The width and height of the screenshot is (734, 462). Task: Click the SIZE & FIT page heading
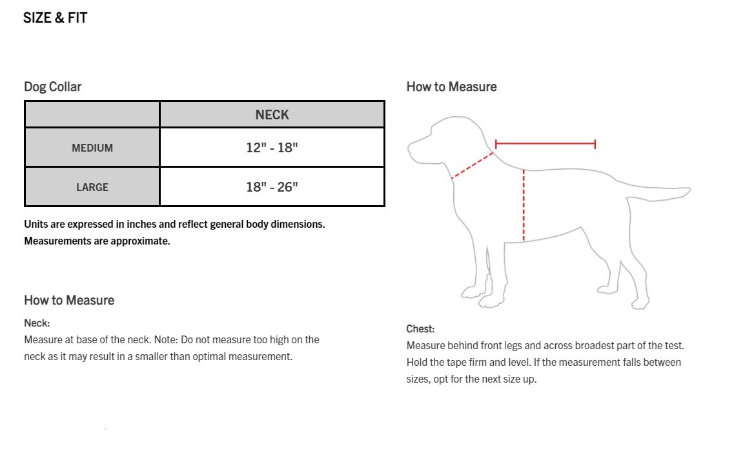56,18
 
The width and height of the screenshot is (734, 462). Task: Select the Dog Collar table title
52,86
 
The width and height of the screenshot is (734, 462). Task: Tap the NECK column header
272,115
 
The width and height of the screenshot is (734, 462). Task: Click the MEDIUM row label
92,148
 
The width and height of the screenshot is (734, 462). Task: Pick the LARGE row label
92,187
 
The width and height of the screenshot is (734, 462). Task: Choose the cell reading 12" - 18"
272,148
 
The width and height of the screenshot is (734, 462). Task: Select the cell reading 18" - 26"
272,186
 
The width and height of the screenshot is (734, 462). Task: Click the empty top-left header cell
92,114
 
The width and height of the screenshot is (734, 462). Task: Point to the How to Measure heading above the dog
451,86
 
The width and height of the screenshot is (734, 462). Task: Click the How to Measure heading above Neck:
69,300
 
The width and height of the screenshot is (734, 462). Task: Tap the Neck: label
37,323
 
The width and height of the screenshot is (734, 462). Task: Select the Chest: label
420,328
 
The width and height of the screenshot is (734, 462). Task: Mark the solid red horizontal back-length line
545,144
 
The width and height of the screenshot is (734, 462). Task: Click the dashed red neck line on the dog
473,166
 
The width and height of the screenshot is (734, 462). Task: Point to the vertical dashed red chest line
524,205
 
